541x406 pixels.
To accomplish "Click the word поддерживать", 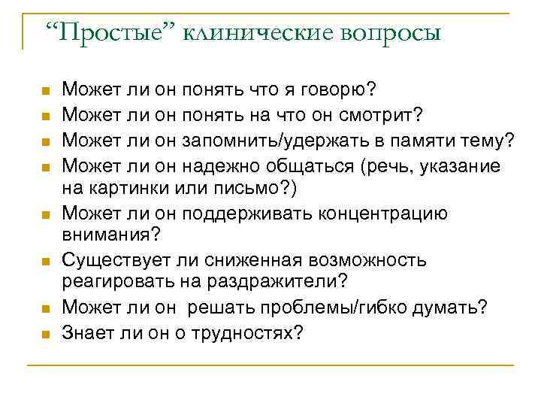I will pos(264,213).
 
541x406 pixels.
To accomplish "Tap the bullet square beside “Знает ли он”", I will pos(45,333).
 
